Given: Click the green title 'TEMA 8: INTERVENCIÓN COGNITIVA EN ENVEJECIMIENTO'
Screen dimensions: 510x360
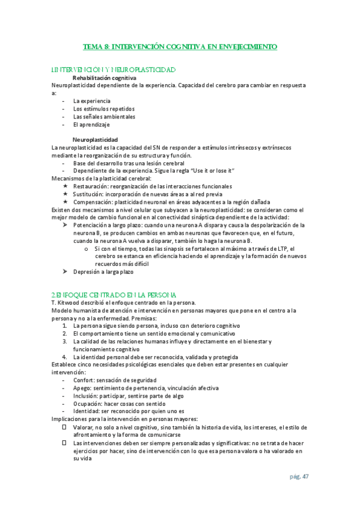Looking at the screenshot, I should coord(180,46).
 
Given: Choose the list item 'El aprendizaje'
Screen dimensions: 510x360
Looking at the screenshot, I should coord(91,124).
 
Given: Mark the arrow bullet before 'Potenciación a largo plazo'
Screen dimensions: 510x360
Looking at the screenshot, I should coord(65,225).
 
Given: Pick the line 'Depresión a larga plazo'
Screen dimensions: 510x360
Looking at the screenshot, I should coord(103,272).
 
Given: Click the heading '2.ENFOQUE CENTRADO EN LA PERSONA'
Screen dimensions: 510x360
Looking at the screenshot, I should coord(114,295).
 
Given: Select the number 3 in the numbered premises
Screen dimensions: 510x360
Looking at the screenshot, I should coord(64,341).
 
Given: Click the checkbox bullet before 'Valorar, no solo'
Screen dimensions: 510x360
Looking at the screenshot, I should coord(64,427).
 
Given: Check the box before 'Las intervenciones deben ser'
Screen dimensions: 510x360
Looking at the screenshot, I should coord(64,443).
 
